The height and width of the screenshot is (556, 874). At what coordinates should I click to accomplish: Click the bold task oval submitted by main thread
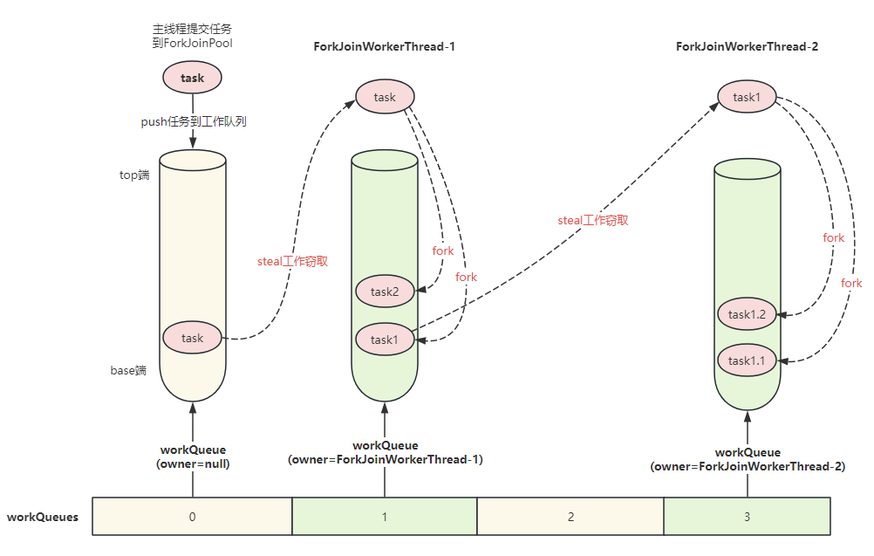[x=192, y=78]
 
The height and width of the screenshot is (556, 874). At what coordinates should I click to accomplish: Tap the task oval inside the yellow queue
[x=192, y=338]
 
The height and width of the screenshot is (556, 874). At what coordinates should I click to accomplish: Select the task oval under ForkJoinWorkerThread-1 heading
[x=385, y=97]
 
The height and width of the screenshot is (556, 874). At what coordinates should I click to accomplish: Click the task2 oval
[x=385, y=292]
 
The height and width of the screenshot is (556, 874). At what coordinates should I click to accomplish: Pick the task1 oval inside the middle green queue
[x=385, y=340]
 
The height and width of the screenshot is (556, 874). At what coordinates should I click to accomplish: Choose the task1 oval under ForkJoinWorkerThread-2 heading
[x=747, y=97]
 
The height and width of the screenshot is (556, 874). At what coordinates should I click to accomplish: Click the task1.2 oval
[x=747, y=314]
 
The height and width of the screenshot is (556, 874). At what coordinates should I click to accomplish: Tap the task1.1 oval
[x=747, y=360]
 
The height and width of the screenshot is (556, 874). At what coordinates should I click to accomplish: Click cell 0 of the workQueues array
[x=192, y=517]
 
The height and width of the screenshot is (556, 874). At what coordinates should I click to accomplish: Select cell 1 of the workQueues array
[x=385, y=517]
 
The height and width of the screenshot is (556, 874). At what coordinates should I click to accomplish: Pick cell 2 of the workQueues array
[x=570, y=517]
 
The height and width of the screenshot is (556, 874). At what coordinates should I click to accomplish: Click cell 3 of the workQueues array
[x=747, y=517]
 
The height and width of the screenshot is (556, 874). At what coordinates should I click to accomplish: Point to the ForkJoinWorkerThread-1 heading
[x=385, y=46]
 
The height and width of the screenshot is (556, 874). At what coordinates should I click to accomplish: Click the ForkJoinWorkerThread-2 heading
[x=747, y=46]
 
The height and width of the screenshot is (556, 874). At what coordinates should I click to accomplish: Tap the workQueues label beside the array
[x=43, y=517]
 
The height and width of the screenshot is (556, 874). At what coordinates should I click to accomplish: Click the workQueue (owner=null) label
[x=192, y=457]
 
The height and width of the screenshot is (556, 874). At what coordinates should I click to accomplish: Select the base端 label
[x=128, y=370]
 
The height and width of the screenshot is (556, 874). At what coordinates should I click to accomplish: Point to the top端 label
[x=134, y=175]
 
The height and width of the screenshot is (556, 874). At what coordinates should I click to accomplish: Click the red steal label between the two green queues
[x=593, y=221]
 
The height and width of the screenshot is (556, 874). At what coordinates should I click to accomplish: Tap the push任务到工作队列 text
[x=194, y=122]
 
